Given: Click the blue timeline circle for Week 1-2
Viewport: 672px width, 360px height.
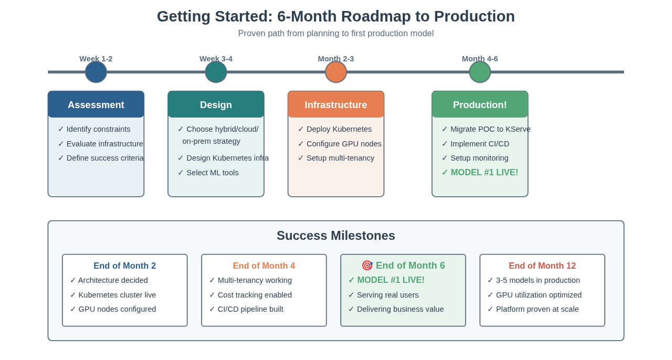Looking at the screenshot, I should (x=96, y=72).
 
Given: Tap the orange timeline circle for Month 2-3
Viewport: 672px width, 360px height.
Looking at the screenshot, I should (x=336, y=72).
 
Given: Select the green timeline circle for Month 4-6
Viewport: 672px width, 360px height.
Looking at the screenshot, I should (x=480, y=72).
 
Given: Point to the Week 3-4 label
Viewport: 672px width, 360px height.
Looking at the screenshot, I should (x=216, y=59).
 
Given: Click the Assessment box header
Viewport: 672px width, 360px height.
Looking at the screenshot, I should (x=96, y=104).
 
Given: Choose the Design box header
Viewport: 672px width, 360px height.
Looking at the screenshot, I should (x=216, y=104).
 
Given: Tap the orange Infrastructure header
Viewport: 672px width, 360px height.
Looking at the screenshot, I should (x=336, y=104).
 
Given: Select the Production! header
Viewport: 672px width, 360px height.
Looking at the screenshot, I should (x=480, y=104).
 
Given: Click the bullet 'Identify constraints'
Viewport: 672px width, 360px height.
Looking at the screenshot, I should (x=98, y=129).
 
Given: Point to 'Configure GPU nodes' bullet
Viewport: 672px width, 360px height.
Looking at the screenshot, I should (x=343, y=144).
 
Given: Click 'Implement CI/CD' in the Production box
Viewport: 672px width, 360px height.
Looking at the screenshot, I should (x=479, y=144).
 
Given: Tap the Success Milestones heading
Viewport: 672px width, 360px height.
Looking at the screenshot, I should (x=336, y=236).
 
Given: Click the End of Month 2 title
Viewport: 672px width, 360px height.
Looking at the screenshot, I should (x=124, y=266).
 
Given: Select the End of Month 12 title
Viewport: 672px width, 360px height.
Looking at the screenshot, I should (x=542, y=266).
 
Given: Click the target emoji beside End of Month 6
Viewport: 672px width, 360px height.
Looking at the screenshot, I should (x=367, y=266).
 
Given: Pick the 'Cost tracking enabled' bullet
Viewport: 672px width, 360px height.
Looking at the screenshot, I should (x=255, y=295).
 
